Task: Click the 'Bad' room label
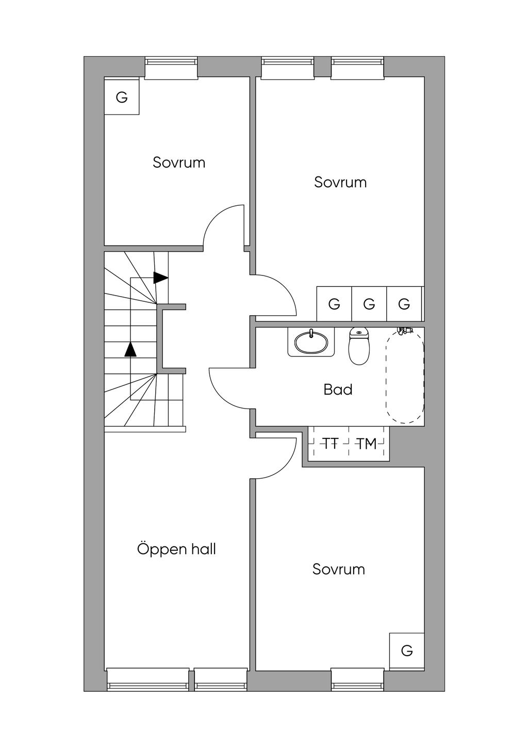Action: [338, 389]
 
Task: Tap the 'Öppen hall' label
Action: [176, 549]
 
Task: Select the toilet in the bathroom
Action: [359, 347]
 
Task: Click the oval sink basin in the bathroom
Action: [311, 342]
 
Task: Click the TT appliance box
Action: [330, 443]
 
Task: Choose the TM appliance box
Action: [367, 443]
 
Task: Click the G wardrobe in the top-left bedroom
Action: [122, 97]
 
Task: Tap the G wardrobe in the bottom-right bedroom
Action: [407, 651]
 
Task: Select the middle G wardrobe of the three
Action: [369, 304]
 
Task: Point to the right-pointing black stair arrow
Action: [160, 278]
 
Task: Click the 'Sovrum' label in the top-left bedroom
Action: [179, 163]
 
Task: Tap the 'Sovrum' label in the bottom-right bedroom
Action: [338, 569]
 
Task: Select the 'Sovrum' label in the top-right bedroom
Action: [340, 182]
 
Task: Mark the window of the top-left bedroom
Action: [171, 68]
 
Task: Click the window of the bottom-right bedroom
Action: [357, 679]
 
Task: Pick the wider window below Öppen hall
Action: [148, 679]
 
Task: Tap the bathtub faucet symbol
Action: [404, 330]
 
